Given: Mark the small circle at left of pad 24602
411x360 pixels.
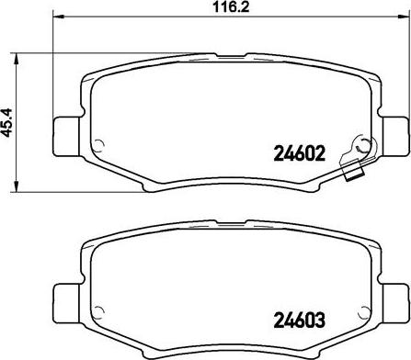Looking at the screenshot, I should [x=100, y=141].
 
